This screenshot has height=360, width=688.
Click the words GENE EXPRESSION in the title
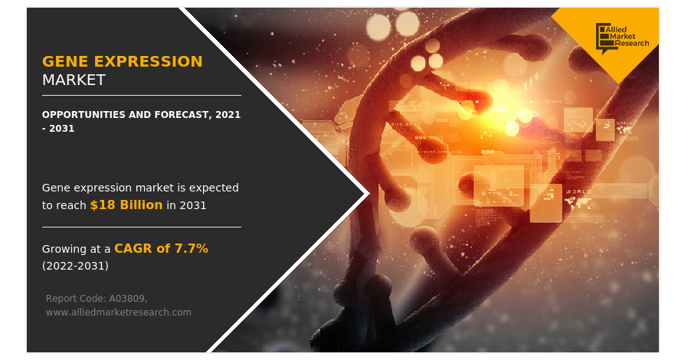point(123,61)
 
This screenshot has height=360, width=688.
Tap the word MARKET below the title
point(74,80)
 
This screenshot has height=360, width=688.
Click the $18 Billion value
point(126,205)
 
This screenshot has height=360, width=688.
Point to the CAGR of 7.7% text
point(161,248)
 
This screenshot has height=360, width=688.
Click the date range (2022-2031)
point(75,266)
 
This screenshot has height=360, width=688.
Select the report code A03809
point(123,298)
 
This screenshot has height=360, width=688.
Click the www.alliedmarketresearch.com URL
point(118,312)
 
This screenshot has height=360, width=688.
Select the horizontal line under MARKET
point(141,95)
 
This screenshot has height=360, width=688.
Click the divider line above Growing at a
point(141,227)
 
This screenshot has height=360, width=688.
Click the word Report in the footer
point(62,298)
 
